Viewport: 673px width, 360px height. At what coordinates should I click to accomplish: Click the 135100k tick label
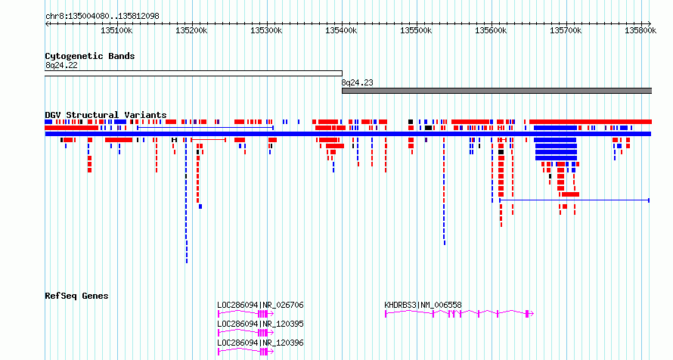click(x=116, y=30)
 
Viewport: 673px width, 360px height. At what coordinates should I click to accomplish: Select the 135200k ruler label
click(x=191, y=30)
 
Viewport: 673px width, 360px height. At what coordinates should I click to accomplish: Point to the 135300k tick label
click(x=266, y=30)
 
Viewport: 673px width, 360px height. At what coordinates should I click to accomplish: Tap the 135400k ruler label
click(x=341, y=30)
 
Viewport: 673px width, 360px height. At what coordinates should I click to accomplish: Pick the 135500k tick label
click(x=416, y=30)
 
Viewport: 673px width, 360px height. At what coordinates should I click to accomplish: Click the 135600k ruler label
click(x=491, y=30)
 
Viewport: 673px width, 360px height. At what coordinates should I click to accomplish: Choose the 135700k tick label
click(x=566, y=30)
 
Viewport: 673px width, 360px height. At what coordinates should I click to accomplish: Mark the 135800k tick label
click(x=640, y=30)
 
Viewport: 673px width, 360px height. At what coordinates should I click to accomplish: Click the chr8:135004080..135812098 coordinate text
click(x=102, y=17)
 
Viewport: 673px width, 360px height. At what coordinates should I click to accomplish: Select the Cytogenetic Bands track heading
click(x=90, y=56)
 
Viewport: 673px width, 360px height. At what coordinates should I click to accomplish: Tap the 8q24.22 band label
click(x=61, y=66)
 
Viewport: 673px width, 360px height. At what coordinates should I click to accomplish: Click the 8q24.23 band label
click(x=357, y=82)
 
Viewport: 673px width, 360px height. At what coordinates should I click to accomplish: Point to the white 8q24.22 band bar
click(x=194, y=73)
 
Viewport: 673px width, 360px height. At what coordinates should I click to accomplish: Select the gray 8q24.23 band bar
click(x=497, y=91)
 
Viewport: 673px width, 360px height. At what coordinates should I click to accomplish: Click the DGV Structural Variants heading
click(x=106, y=115)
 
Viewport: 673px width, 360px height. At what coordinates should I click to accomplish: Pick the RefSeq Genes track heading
click(x=76, y=296)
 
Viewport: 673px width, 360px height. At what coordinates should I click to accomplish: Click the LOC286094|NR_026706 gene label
click(x=260, y=305)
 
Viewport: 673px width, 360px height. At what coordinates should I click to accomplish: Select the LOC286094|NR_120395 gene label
click(x=260, y=324)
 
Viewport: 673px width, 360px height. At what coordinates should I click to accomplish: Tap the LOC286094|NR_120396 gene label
click(x=260, y=343)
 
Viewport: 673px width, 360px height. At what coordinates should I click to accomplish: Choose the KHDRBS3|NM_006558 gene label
click(x=423, y=305)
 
